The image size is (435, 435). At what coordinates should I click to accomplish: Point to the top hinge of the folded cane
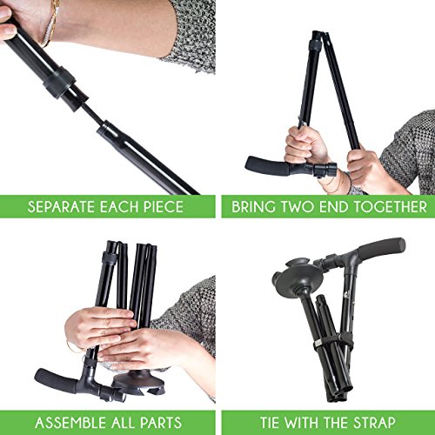[x=319, y=38]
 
